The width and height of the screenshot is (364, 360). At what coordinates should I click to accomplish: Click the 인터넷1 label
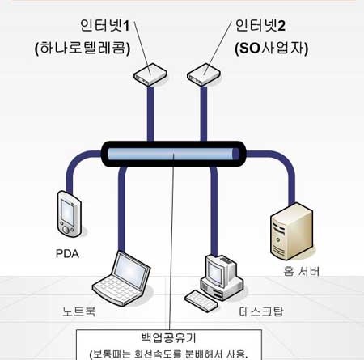(105, 26)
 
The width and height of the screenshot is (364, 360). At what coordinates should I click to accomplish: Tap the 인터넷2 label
(260, 26)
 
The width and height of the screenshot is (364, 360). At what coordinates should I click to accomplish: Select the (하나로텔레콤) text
(83, 49)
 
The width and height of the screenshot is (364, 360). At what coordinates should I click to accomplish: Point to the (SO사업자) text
(272, 49)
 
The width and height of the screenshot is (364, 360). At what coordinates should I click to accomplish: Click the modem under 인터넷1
(150, 74)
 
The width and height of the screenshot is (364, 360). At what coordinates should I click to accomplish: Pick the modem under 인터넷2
(204, 74)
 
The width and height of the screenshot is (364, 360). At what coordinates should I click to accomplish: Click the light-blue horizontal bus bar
(173, 154)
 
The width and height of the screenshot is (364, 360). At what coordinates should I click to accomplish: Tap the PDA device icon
(70, 214)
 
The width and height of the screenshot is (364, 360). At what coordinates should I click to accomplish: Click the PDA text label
(67, 254)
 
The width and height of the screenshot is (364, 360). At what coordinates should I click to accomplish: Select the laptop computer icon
(121, 278)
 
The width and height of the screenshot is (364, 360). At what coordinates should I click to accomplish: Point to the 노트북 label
(79, 311)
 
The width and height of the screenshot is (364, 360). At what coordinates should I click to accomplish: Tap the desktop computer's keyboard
(201, 301)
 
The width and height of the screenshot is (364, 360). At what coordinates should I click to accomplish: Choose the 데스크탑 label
(261, 311)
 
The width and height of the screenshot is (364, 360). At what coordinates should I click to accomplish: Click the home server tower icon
(291, 231)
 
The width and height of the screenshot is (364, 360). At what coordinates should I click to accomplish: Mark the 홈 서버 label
(302, 271)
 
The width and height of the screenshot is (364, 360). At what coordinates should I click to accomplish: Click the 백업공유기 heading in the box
(168, 338)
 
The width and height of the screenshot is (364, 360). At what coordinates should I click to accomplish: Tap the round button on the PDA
(66, 230)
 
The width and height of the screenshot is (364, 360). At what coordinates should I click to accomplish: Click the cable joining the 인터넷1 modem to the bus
(150, 114)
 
